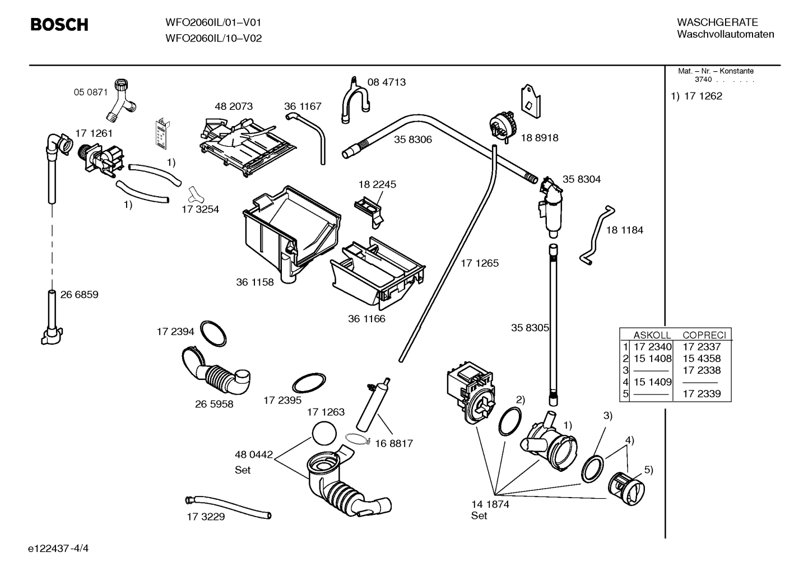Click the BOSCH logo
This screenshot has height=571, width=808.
(x=59, y=25)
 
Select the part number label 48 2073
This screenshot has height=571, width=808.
(x=234, y=106)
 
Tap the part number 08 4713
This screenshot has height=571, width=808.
(x=386, y=82)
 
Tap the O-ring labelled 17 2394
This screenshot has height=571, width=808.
(x=213, y=335)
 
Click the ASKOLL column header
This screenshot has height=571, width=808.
(x=652, y=335)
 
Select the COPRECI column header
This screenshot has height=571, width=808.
(x=704, y=335)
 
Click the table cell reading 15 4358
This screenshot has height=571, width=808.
(x=702, y=359)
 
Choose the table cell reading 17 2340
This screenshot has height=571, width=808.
(x=652, y=347)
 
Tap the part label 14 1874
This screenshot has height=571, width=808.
(x=490, y=504)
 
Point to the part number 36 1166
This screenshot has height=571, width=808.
(x=366, y=319)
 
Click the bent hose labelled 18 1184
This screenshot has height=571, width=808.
(x=597, y=235)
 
